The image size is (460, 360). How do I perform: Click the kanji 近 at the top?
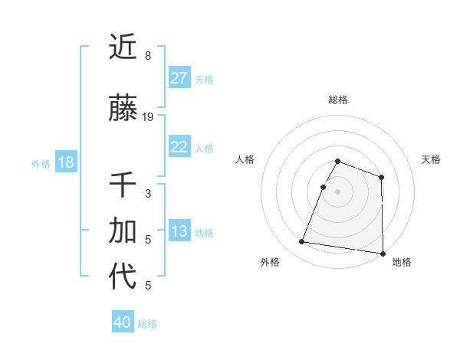(123, 47)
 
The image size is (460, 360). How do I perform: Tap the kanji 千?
(123, 185)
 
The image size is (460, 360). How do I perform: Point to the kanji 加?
(123, 231)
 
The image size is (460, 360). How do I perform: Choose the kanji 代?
(123, 277)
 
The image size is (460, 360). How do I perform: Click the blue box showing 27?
(179, 77)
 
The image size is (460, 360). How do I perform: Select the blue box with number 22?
(179, 147)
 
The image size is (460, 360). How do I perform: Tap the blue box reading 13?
(179, 231)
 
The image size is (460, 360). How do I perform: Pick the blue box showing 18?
(64, 162)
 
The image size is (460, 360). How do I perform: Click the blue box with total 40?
(123, 322)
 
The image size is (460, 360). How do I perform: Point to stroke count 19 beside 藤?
(148, 117)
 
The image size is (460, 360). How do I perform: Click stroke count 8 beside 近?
(148, 55)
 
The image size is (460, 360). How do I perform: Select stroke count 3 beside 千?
(148, 193)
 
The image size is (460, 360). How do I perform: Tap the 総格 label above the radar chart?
(338, 100)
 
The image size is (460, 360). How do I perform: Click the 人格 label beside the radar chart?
(245, 159)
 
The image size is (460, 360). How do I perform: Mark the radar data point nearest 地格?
(383, 253)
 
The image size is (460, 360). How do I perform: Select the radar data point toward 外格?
(302, 242)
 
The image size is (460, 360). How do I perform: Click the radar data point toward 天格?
(381, 178)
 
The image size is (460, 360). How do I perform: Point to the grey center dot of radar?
(337, 191)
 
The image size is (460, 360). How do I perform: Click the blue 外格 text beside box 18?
(41, 163)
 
